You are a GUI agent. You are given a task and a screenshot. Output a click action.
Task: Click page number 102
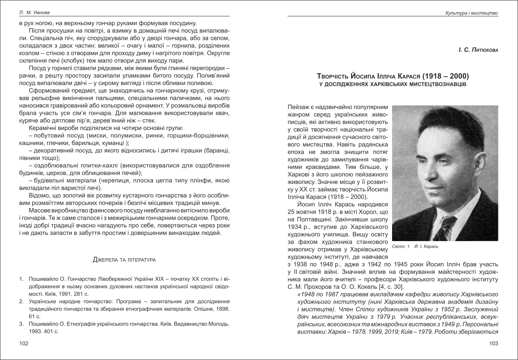point(24,344)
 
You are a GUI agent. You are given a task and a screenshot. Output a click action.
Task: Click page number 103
point(494,344)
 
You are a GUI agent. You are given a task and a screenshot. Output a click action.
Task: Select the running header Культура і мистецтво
point(471,13)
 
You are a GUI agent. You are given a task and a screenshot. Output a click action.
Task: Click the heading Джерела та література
point(124,259)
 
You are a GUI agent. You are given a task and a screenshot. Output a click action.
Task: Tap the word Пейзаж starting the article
point(298,107)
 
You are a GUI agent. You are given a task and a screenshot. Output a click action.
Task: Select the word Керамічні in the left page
point(43,128)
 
